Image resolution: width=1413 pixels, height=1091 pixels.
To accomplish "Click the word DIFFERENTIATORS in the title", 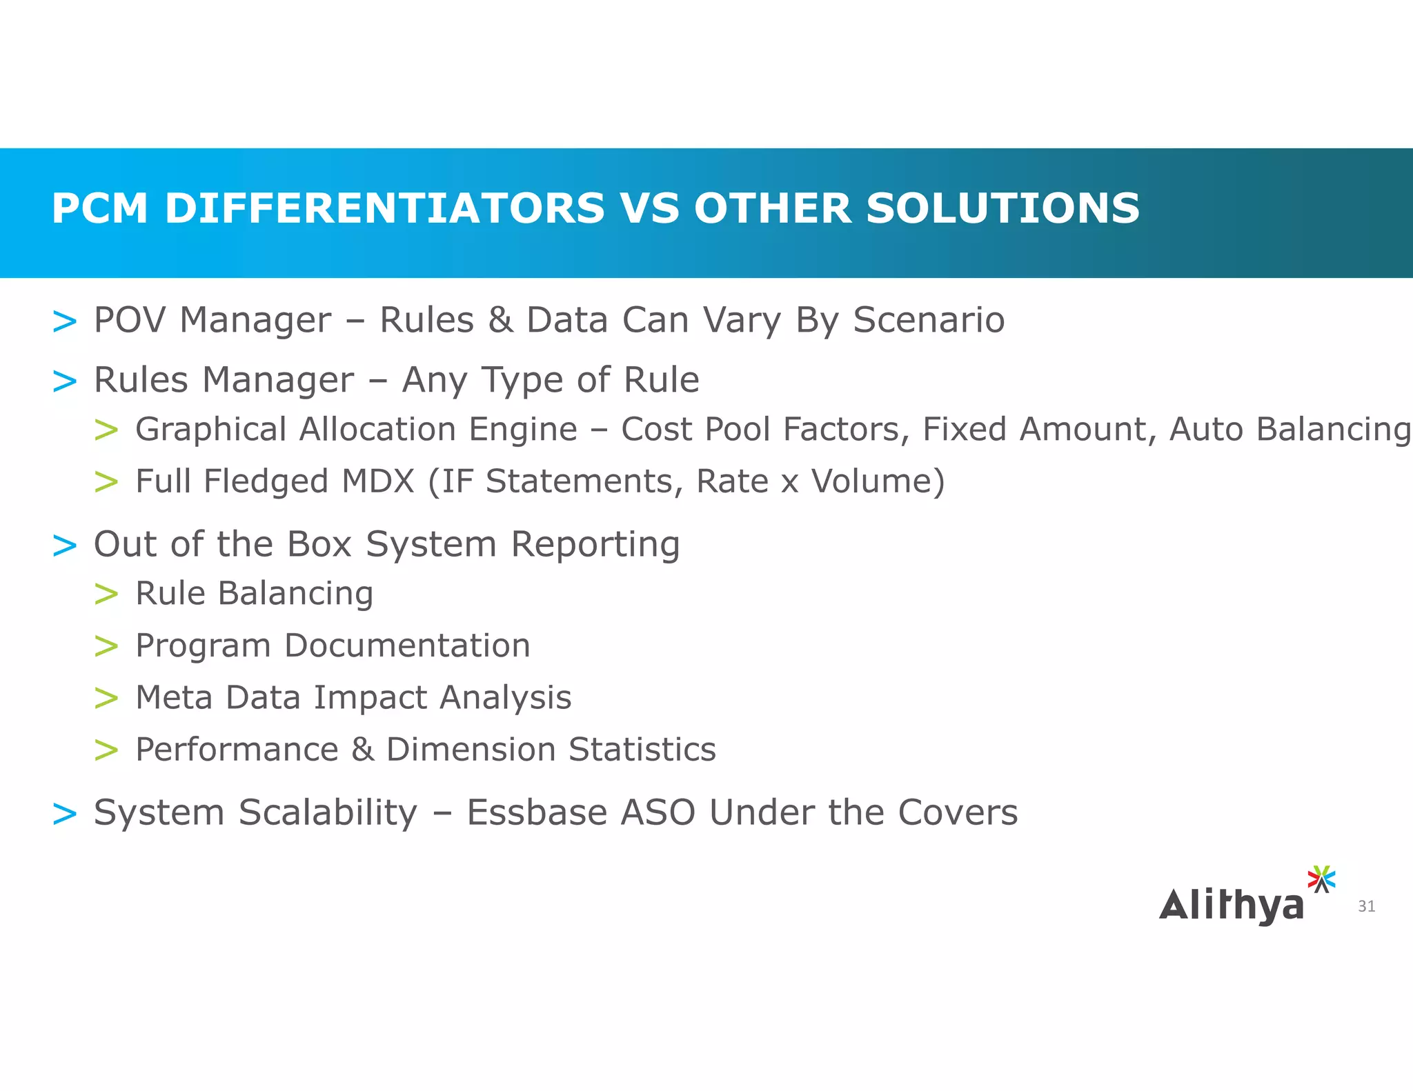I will coord(384,208).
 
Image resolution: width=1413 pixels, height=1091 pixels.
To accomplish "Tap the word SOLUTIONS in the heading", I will coord(1002,208).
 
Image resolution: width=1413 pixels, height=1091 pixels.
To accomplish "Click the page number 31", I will coord(1366,906).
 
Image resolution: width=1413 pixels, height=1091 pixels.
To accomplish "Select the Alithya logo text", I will coord(1232,906).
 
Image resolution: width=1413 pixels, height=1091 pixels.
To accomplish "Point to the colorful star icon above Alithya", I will coord(1321,879).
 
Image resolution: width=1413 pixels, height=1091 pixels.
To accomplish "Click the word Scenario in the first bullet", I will coord(929,320).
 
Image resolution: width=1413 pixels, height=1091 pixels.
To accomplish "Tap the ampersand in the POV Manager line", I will coord(501,320).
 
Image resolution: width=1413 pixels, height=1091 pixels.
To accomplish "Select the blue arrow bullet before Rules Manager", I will coord(65,381).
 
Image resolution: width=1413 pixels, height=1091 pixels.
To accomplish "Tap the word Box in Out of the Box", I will coord(319,544).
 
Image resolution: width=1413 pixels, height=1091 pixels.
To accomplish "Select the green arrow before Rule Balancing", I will coord(106,594).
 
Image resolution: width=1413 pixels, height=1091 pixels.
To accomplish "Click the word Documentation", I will coord(407,646).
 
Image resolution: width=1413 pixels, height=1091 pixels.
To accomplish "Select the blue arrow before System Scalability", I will coord(65,814).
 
